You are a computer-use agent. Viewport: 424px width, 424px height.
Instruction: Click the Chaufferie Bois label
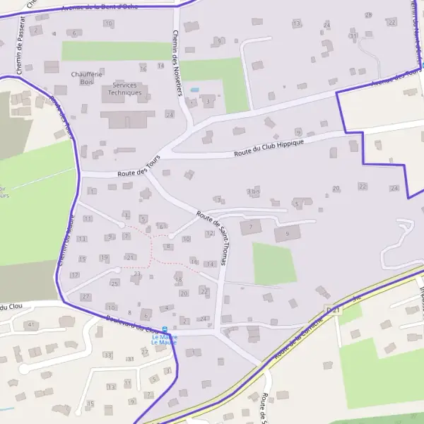point(86,78)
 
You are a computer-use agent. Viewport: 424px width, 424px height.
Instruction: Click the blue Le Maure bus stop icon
point(165,329)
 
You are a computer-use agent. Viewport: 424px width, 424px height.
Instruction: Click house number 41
point(30,324)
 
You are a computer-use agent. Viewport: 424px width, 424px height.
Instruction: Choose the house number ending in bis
point(254,192)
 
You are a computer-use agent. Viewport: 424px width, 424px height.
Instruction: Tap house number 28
point(368,15)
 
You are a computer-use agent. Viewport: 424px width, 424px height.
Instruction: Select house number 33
point(107,354)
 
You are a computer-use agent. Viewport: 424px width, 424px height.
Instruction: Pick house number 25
point(114,283)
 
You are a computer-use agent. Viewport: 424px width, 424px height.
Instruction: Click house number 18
point(179,280)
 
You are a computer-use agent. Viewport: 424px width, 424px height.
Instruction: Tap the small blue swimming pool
point(194,90)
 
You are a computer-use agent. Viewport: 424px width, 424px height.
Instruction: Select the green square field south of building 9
point(274,263)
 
